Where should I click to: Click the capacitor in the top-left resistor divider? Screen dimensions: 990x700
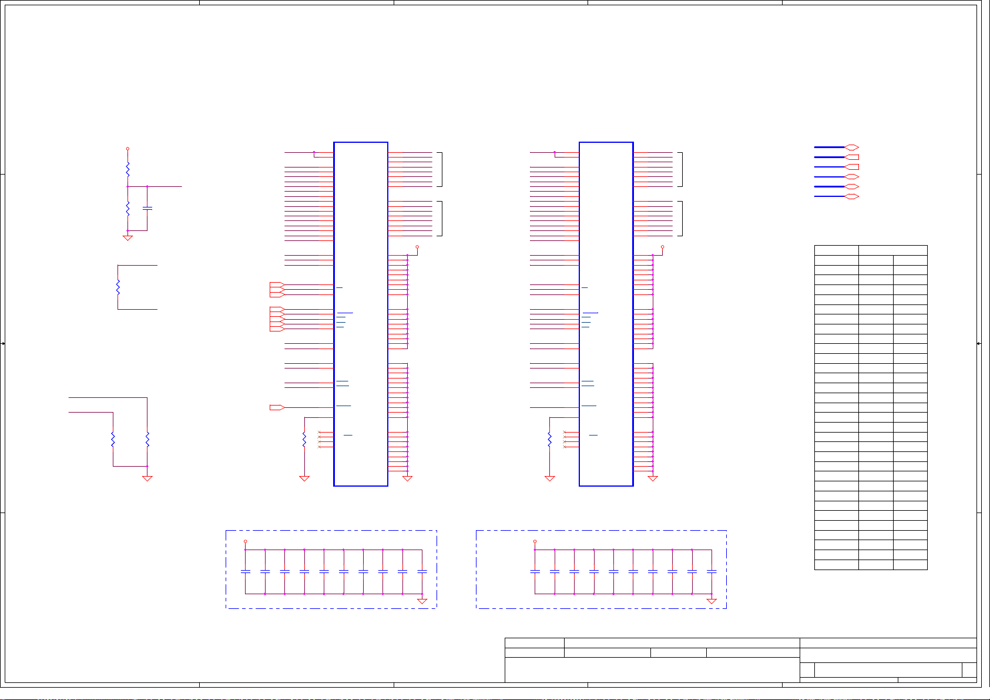pos(147,209)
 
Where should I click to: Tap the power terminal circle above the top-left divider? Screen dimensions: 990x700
pos(127,149)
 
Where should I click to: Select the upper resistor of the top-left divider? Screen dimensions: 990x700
pos(127,169)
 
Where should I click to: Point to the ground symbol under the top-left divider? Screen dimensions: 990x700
pos(127,237)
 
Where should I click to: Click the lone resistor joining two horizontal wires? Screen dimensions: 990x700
pos(118,287)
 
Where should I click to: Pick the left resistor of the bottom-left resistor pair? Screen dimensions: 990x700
pos(113,440)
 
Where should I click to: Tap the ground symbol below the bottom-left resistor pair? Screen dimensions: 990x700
pos(147,478)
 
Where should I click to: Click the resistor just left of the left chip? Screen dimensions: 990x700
pos(304,439)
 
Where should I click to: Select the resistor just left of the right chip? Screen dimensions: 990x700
pos(550,439)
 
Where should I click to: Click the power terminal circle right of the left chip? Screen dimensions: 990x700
pos(417,247)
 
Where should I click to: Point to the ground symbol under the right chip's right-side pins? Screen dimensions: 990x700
pos(653,478)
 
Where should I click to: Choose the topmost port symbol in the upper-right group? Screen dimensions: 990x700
pos(852,148)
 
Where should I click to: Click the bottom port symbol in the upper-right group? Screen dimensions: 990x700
pos(852,196)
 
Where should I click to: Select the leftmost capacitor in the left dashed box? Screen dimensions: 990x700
pos(246,571)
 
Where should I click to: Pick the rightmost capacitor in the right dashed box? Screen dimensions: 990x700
pos(712,571)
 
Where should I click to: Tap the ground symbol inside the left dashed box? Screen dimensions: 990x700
pos(422,601)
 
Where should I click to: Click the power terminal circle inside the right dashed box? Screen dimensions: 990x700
pos(535,541)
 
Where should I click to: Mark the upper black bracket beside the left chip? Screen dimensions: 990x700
pos(440,169)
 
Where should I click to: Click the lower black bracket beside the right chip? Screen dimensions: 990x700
pos(680,219)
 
